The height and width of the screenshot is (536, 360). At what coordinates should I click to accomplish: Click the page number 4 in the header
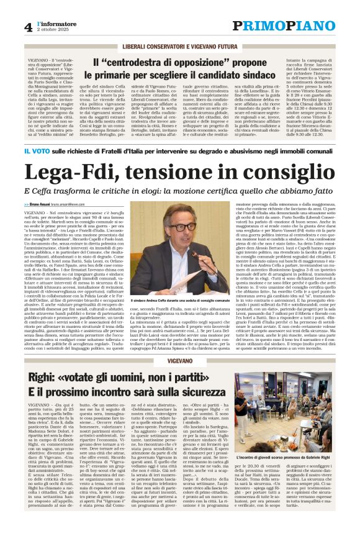pos(29,26)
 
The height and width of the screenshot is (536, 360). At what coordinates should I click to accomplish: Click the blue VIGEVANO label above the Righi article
pos(179,359)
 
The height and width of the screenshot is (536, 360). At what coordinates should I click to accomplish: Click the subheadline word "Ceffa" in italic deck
pos(40,191)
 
